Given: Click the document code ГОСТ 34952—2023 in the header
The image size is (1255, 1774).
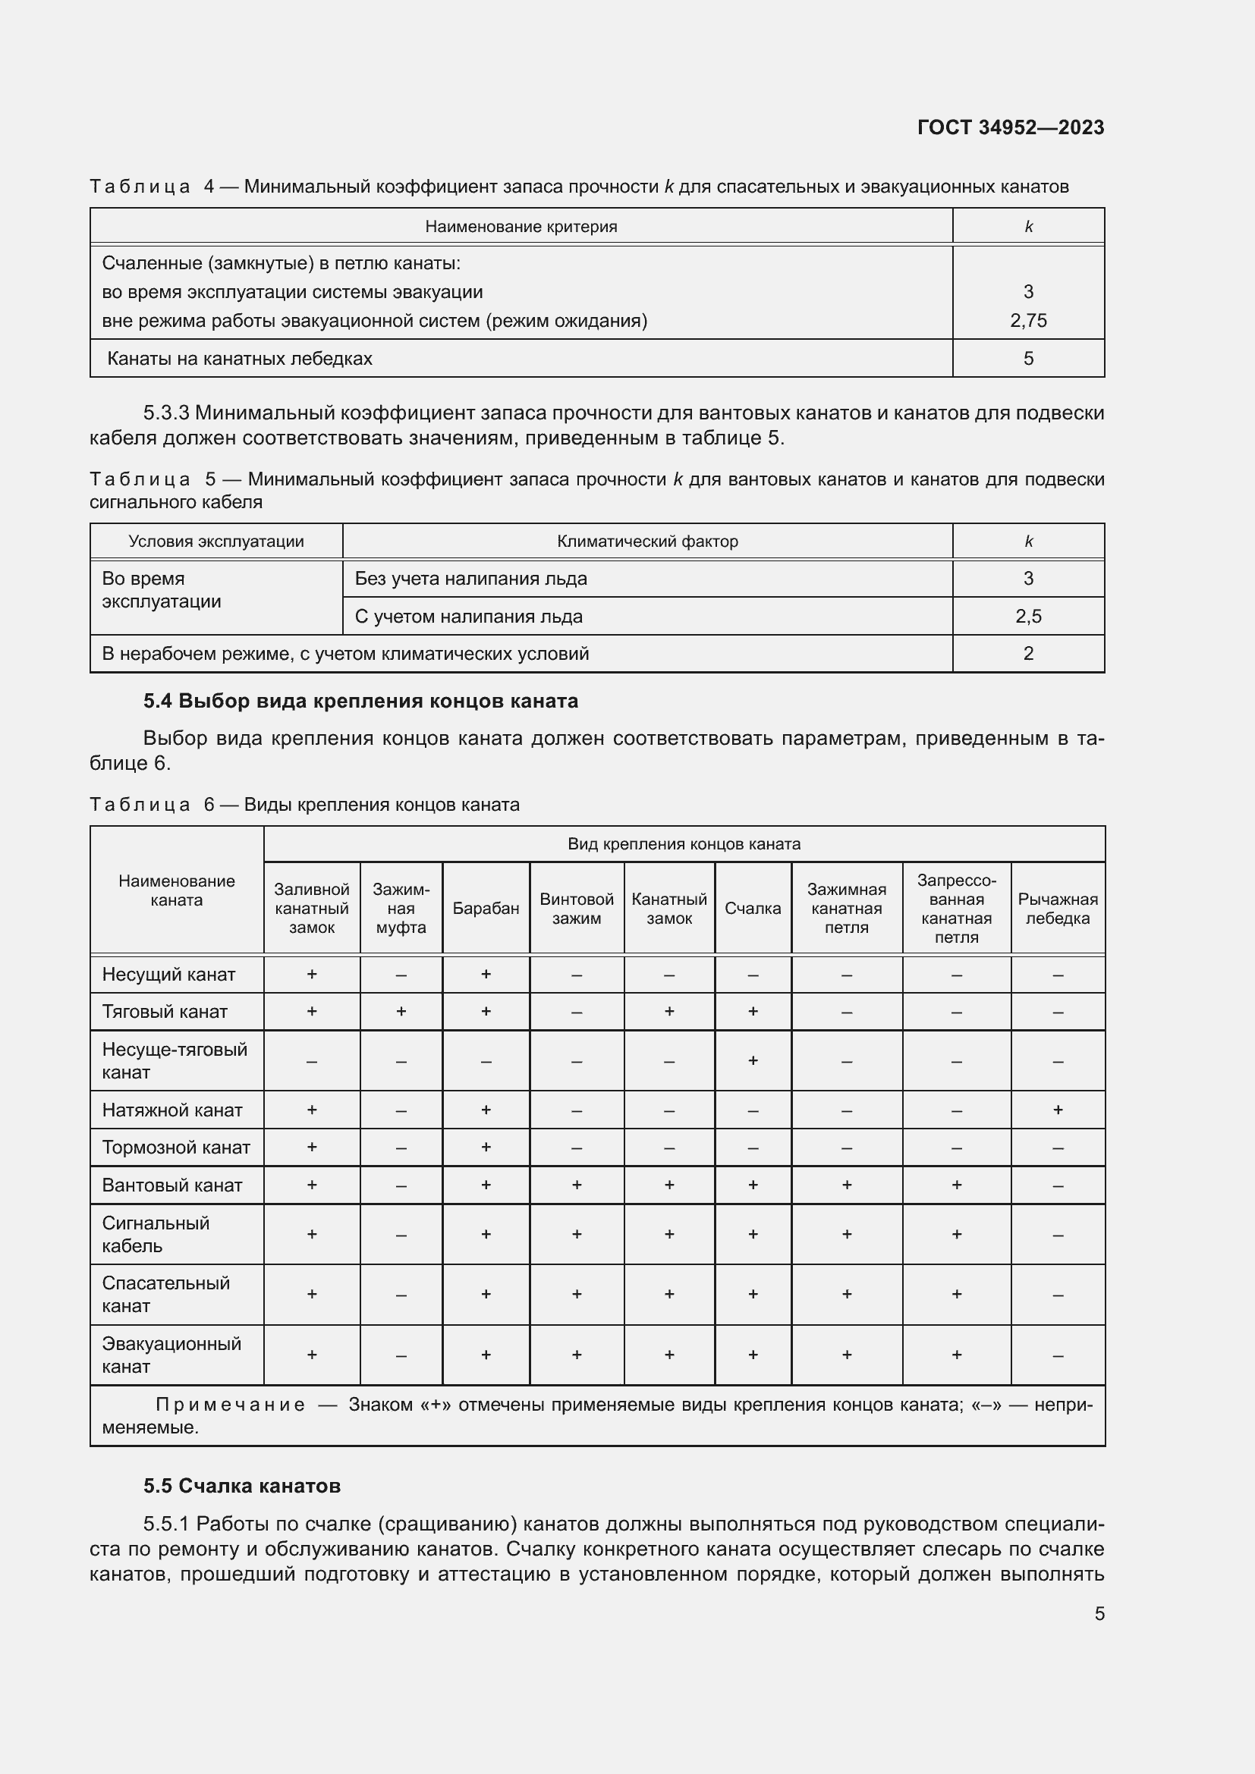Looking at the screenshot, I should tap(1010, 127).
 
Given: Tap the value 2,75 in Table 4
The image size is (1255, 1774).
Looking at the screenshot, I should tap(1028, 321).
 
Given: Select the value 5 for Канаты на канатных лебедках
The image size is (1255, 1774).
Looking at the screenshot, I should tap(1028, 359).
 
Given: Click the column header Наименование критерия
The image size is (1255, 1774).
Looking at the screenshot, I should tap(521, 226).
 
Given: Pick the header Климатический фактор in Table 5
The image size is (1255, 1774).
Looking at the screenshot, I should tap(646, 542).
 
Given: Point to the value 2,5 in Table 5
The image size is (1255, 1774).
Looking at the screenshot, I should tap(1028, 617).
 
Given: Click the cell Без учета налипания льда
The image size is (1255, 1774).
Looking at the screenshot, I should tap(470, 579).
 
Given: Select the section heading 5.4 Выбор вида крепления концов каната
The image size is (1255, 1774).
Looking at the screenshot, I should tap(360, 701).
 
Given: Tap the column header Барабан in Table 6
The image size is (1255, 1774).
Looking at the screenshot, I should tap(486, 909).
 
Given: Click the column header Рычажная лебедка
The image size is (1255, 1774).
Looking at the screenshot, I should tap(1057, 909).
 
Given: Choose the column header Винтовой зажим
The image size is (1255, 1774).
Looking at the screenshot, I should tap(577, 909).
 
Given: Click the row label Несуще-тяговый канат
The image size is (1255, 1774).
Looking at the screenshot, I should tap(175, 1060).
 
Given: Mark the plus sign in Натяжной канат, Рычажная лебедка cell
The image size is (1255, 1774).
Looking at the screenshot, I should tap(1057, 1110).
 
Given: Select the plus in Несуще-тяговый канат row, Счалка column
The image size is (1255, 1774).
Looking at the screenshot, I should tap(753, 1060).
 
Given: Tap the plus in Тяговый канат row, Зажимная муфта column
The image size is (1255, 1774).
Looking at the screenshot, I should tap(401, 1012).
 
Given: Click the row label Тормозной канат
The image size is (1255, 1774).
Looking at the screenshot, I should tap(176, 1148).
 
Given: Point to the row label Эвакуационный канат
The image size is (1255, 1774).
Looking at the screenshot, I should tap(171, 1355).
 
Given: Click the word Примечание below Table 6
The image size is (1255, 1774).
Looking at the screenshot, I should tap(231, 1405).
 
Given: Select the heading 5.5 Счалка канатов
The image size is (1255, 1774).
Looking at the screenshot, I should tap(242, 1486).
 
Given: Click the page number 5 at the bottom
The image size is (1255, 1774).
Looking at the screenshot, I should tap(1099, 1613).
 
